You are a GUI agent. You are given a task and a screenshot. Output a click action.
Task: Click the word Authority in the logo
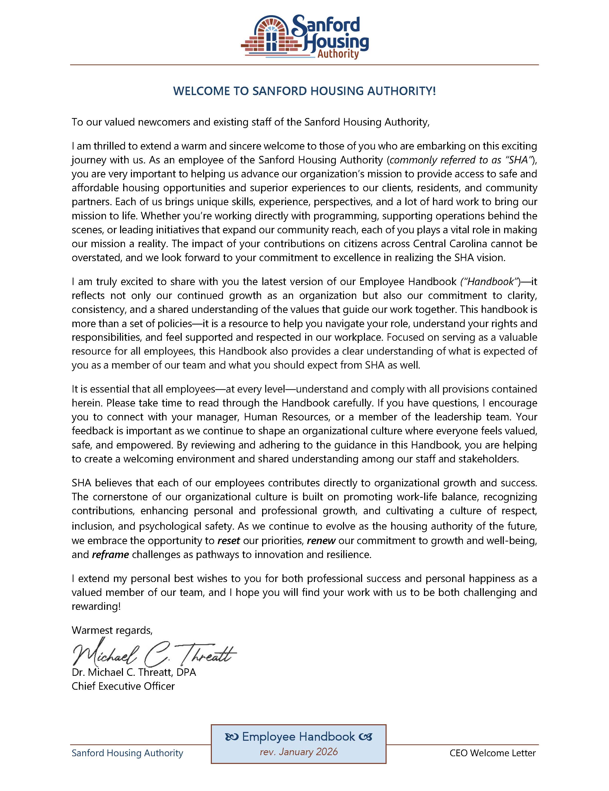coord(338,54)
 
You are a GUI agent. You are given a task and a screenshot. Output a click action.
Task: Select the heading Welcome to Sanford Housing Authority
coord(304,91)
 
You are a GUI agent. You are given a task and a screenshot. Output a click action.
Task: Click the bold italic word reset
coord(228,541)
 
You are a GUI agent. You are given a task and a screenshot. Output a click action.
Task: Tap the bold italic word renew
coord(321,541)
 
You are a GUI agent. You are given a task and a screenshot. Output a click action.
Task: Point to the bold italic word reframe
coord(110,554)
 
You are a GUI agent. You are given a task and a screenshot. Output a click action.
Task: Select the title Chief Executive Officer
coord(123,686)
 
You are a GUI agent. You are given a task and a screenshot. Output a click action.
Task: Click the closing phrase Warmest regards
coord(112,630)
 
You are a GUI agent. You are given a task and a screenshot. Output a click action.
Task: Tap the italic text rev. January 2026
coord(299,752)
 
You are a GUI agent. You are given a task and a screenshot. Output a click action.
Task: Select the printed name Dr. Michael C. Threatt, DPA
coord(134,672)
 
